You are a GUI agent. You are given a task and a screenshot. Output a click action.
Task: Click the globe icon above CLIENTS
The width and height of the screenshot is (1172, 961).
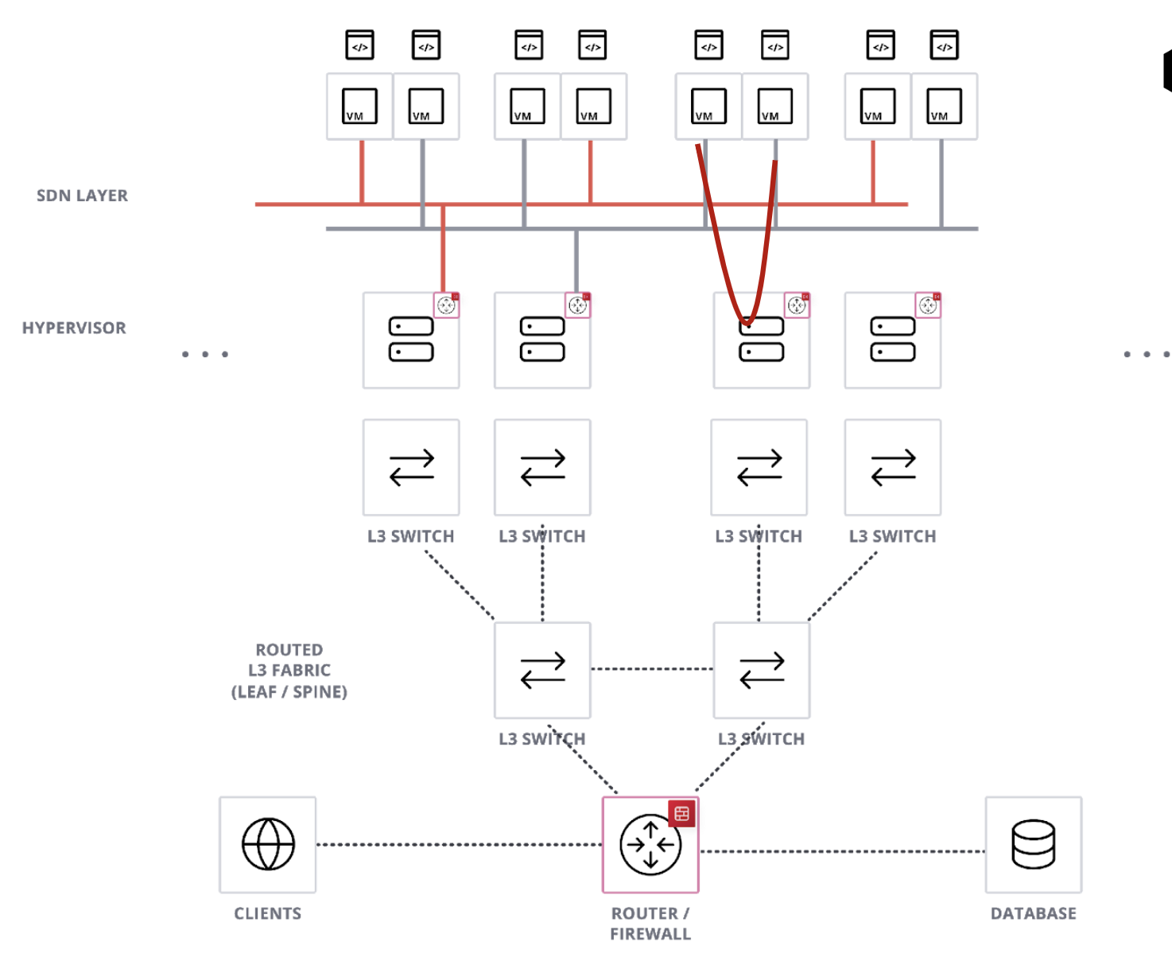(x=268, y=844)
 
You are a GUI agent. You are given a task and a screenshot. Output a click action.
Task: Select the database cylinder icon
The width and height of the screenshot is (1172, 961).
(x=1033, y=844)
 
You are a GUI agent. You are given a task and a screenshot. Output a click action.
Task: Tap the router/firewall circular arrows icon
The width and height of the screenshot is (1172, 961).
(x=650, y=845)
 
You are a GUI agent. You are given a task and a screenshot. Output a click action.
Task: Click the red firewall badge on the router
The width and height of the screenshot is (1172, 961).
(x=681, y=813)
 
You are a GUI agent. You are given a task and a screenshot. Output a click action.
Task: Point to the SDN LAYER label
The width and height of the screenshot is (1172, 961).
(x=82, y=196)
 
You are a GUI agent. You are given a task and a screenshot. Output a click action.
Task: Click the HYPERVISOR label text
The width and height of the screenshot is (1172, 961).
(x=74, y=328)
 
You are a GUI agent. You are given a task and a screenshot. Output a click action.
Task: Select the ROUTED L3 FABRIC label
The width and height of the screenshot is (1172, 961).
(x=289, y=671)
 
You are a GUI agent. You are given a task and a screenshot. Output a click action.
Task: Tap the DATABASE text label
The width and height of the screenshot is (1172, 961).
(x=1033, y=913)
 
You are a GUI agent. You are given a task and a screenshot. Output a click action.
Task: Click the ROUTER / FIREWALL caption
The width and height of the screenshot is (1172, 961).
(x=650, y=924)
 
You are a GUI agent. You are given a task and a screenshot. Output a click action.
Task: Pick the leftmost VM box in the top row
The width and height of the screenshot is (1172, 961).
(x=359, y=107)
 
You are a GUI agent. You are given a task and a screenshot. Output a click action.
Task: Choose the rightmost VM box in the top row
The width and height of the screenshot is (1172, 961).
(x=944, y=107)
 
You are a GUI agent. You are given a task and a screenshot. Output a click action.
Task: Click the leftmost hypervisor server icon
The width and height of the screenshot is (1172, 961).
(x=411, y=340)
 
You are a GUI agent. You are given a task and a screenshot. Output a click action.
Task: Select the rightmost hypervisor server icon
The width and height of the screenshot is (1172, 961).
(x=893, y=340)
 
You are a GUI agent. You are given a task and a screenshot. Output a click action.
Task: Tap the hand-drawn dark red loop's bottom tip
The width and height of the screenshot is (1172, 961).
(x=747, y=321)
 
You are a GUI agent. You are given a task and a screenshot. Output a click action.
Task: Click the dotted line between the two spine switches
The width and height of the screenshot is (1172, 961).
(x=652, y=669)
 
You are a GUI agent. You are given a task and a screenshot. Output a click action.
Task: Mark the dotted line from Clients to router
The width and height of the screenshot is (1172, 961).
(x=459, y=844)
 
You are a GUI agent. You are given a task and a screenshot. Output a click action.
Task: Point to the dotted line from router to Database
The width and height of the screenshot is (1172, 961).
(x=841, y=851)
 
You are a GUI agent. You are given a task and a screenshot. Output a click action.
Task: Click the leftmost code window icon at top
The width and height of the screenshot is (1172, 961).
(x=359, y=45)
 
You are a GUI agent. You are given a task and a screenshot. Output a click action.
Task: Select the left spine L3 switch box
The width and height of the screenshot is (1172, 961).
(x=542, y=670)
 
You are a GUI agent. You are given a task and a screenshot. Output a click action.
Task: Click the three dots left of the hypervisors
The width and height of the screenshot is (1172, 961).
(x=205, y=354)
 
